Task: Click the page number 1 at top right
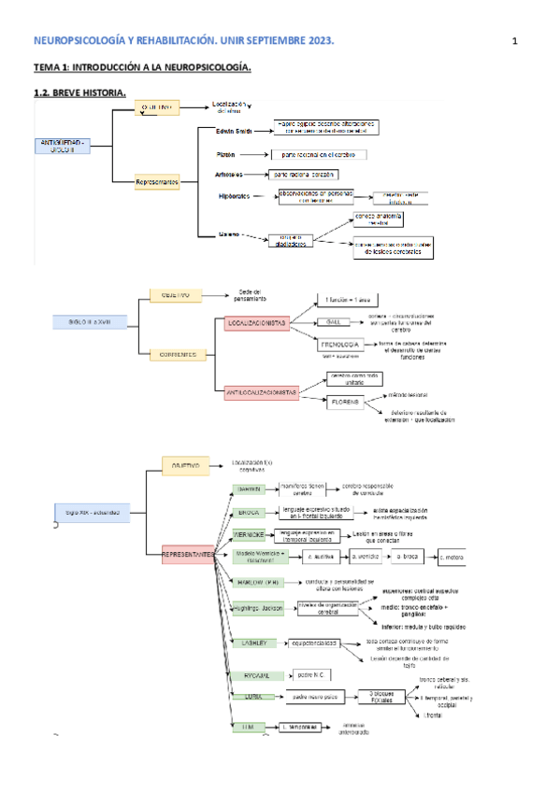[x=514, y=41]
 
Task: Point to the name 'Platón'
[x=225, y=154]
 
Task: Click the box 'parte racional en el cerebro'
[x=319, y=154]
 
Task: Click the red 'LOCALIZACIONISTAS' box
[x=255, y=323]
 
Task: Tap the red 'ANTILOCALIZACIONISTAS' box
[x=262, y=394]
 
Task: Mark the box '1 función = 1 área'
[x=349, y=300]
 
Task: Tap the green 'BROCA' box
[x=249, y=513]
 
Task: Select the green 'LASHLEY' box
[x=253, y=643]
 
